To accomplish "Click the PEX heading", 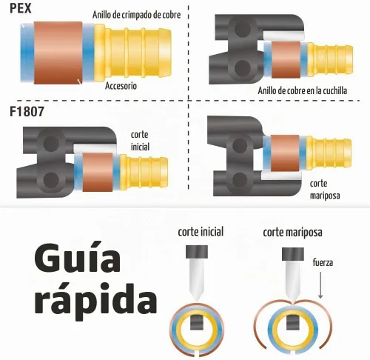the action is click(21, 8).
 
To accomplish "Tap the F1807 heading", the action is click(27, 111).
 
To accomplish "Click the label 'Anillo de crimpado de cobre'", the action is click(136, 15).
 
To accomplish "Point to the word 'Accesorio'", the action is click(121, 86).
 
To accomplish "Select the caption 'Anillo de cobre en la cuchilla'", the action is click(303, 90).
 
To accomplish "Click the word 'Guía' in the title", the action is click(78, 258).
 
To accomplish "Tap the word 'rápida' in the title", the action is click(95, 299).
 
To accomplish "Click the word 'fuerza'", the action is click(323, 262).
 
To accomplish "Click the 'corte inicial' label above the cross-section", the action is click(201, 232).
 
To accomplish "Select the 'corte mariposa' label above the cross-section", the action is click(292, 233).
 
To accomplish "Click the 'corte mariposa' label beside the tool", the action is click(325, 190).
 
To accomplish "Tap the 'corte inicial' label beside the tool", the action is click(140, 141).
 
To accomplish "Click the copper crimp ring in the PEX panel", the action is click(58, 53).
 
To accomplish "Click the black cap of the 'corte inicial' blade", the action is click(197, 252).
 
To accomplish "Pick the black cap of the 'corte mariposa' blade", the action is click(293, 255).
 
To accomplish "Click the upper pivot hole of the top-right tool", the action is click(243, 30).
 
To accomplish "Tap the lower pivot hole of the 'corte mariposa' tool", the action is click(238, 180).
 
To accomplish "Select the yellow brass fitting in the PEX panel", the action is click(132, 53).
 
